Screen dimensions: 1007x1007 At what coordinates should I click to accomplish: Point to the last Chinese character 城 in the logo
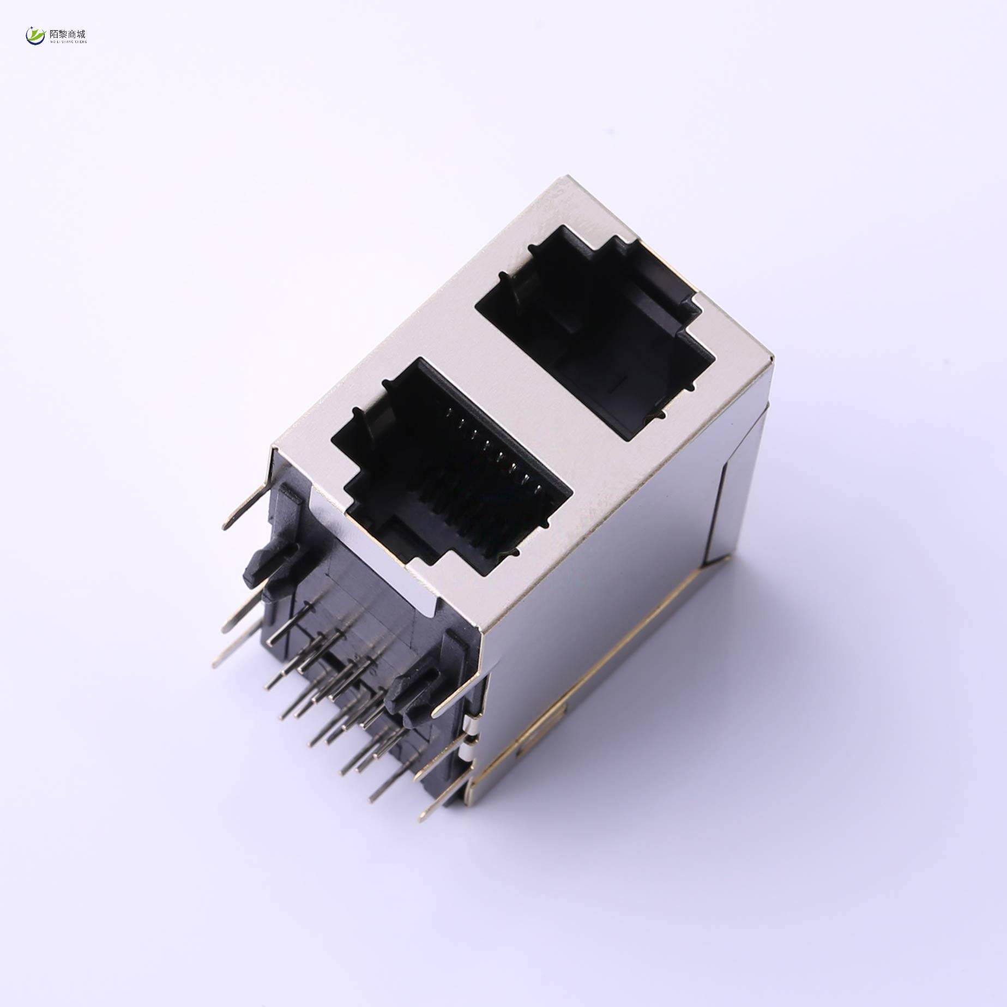81,34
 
